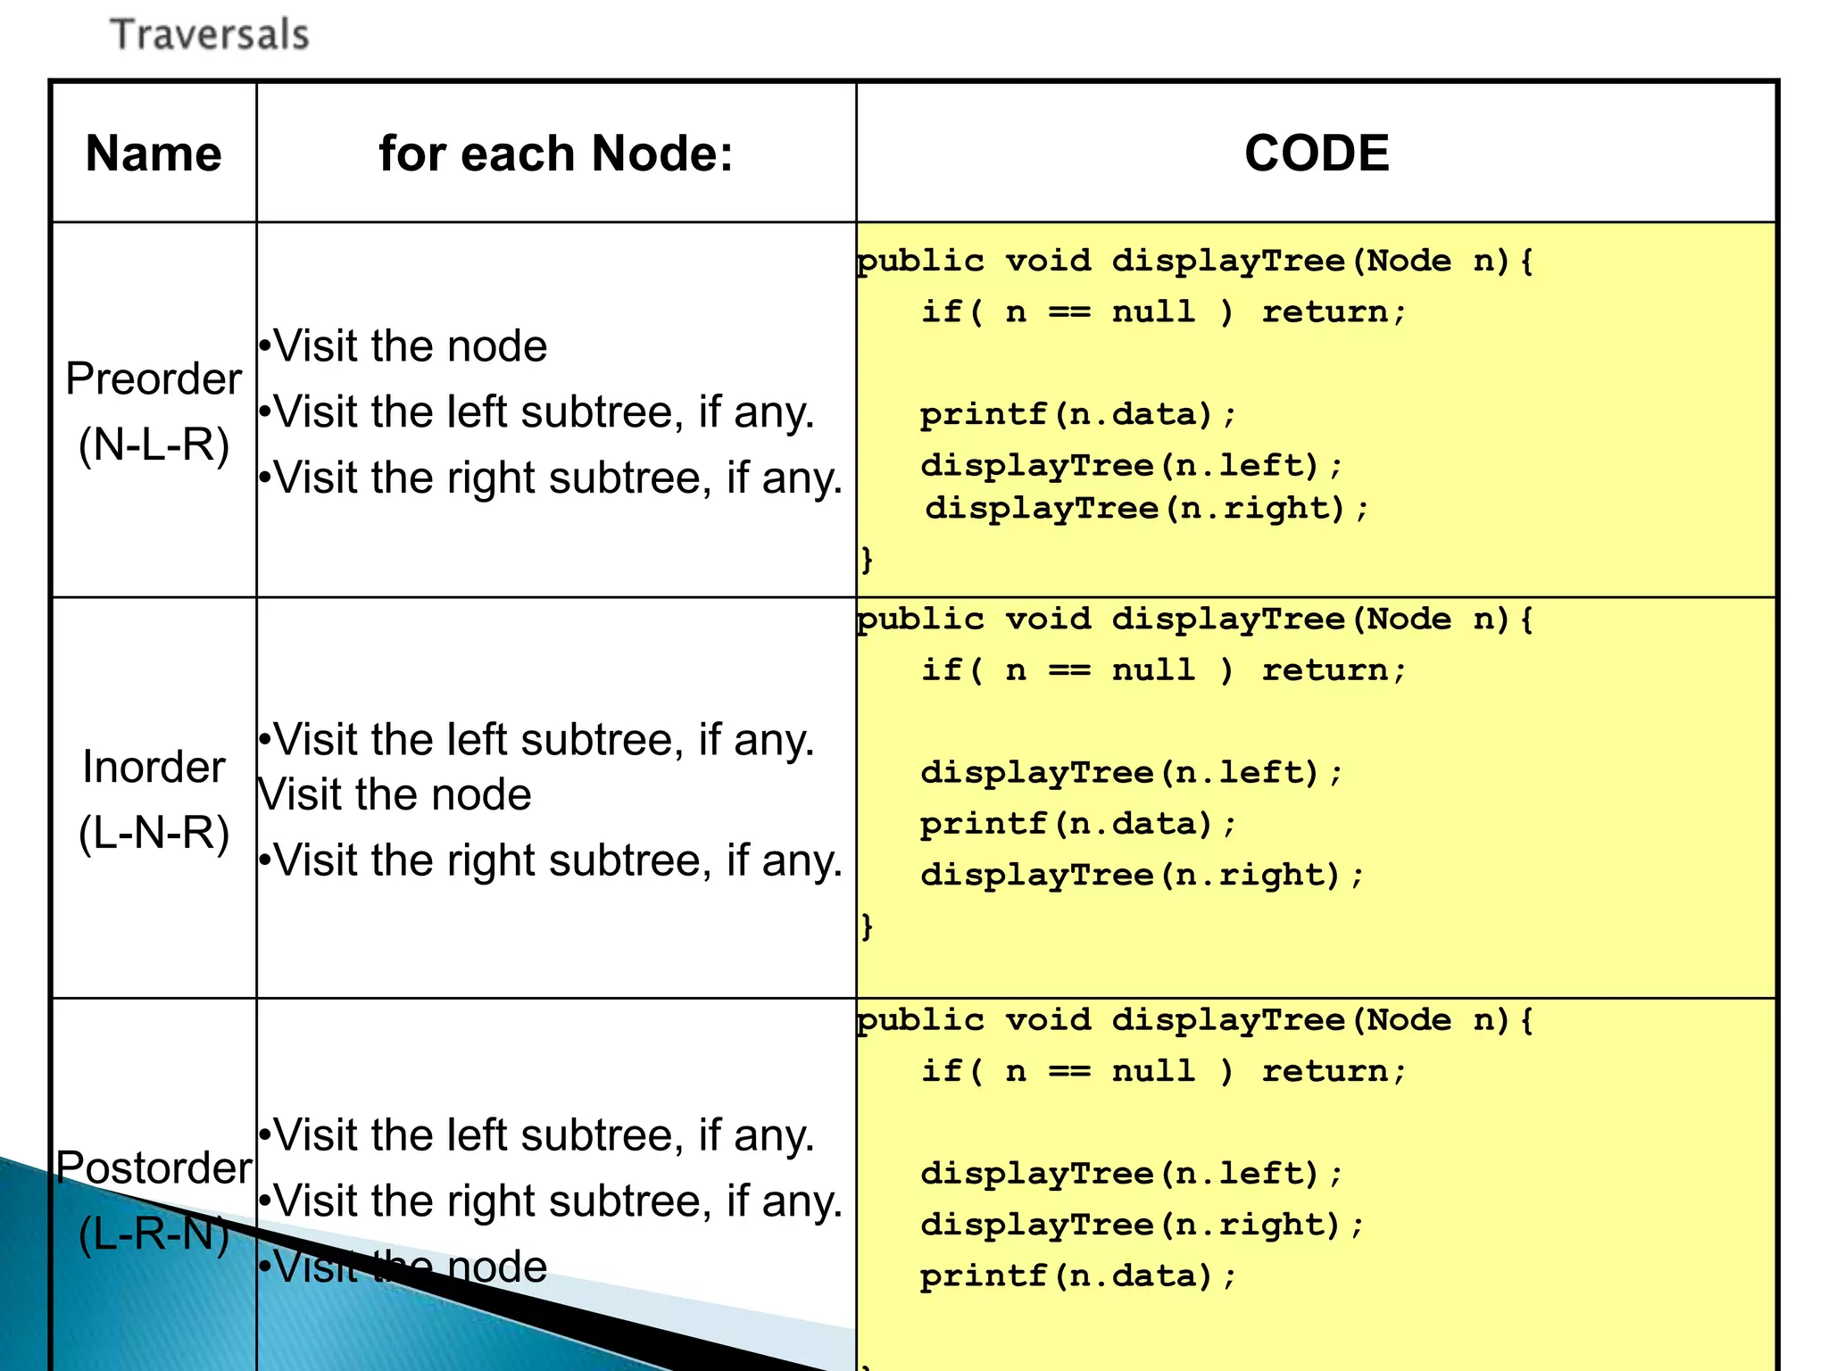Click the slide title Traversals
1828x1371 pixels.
tap(210, 36)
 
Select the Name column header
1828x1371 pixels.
tap(154, 154)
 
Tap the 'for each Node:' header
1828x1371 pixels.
tap(555, 154)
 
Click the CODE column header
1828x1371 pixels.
tap(1317, 154)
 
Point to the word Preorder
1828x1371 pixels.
tap(154, 379)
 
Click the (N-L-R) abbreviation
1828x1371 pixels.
tap(154, 445)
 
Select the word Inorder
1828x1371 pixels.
tap(154, 768)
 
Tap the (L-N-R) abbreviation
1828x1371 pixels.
tap(154, 833)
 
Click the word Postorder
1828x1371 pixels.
tap(154, 1168)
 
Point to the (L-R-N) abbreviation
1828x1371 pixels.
tap(154, 1234)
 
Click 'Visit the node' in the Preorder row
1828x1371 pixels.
tap(409, 346)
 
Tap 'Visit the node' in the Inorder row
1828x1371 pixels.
tap(395, 794)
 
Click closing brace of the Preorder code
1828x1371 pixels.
tap(866, 561)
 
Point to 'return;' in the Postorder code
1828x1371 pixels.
tap(1334, 1071)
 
